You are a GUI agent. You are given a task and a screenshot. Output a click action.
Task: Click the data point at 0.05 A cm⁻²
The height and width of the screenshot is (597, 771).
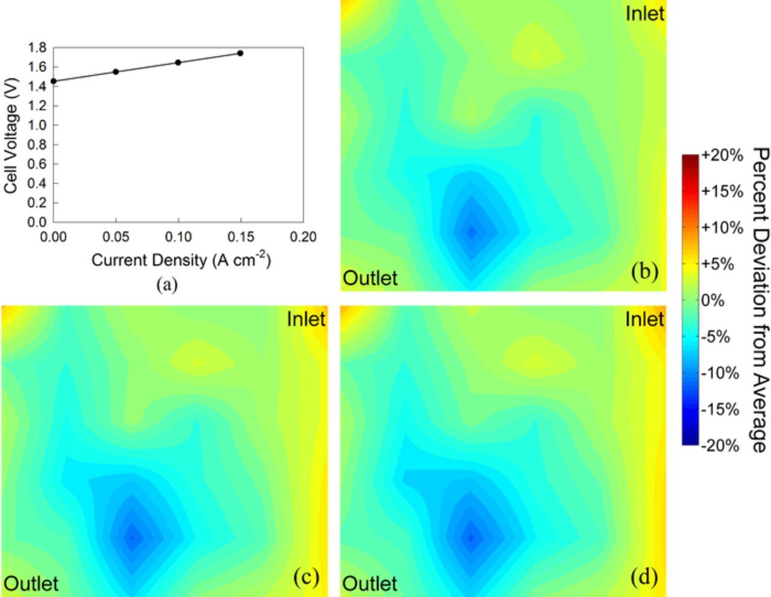point(116,72)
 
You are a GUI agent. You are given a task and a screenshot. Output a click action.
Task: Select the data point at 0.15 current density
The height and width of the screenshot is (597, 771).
point(240,53)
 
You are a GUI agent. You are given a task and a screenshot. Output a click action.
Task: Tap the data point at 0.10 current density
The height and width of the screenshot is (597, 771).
point(178,62)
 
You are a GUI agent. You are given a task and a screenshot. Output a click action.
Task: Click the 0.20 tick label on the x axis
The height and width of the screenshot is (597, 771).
point(303,237)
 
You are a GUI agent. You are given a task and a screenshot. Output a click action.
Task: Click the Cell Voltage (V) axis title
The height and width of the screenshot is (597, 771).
point(10,137)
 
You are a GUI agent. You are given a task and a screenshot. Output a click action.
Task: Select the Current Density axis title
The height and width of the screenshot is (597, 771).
point(181,260)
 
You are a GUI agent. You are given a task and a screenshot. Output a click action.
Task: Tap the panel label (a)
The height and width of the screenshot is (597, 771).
point(167,284)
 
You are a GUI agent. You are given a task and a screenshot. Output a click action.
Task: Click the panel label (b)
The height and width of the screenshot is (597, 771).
point(645,272)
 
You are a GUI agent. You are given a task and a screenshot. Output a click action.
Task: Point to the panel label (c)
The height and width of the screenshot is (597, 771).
point(306,578)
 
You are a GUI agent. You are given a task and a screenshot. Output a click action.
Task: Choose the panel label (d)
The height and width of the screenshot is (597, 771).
point(645,578)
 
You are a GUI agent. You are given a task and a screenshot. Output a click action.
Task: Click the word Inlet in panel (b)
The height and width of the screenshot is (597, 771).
point(645,13)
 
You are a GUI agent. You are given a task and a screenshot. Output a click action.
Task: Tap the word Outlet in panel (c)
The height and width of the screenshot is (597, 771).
point(31,584)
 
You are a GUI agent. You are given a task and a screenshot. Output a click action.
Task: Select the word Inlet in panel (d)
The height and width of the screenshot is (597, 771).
point(645,319)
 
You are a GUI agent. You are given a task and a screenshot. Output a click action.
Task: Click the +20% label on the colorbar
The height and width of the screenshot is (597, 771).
point(722,155)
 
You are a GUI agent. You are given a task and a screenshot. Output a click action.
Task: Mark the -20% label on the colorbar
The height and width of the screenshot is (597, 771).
point(722,446)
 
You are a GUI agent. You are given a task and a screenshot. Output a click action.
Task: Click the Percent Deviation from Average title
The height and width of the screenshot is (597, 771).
point(761,299)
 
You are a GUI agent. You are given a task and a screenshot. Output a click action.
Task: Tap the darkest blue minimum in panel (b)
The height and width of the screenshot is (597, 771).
point(472,231)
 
